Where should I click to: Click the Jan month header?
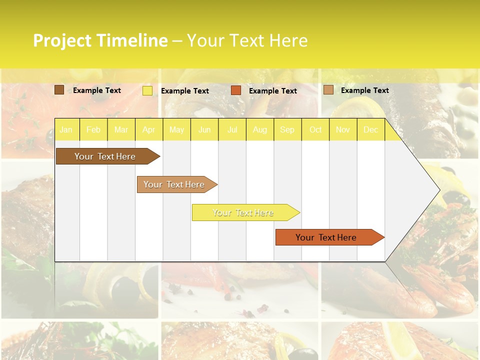click(66, 130)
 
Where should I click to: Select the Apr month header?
click(149, 130)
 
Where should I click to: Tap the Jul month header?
click(232, 130)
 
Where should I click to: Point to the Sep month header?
click(287, 130)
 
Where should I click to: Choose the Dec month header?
click(371, 130)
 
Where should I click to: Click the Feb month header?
click(93, 130)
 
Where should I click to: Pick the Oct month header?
click(315, 130)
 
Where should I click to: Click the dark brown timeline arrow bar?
click(105, 156)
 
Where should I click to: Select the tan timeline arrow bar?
click(174, 184)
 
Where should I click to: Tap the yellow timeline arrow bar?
click(243, 212)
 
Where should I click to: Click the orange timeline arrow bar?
click(326, 237)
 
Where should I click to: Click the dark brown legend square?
click(59, 90)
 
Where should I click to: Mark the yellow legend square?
click(147, 91)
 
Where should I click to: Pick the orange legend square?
click(236, 90)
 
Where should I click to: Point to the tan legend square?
click(328, 90)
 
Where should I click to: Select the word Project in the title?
click(62, 40)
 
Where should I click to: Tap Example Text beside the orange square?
click(273, 91)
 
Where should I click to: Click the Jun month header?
click(204, 130)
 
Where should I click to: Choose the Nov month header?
click(343, 130)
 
